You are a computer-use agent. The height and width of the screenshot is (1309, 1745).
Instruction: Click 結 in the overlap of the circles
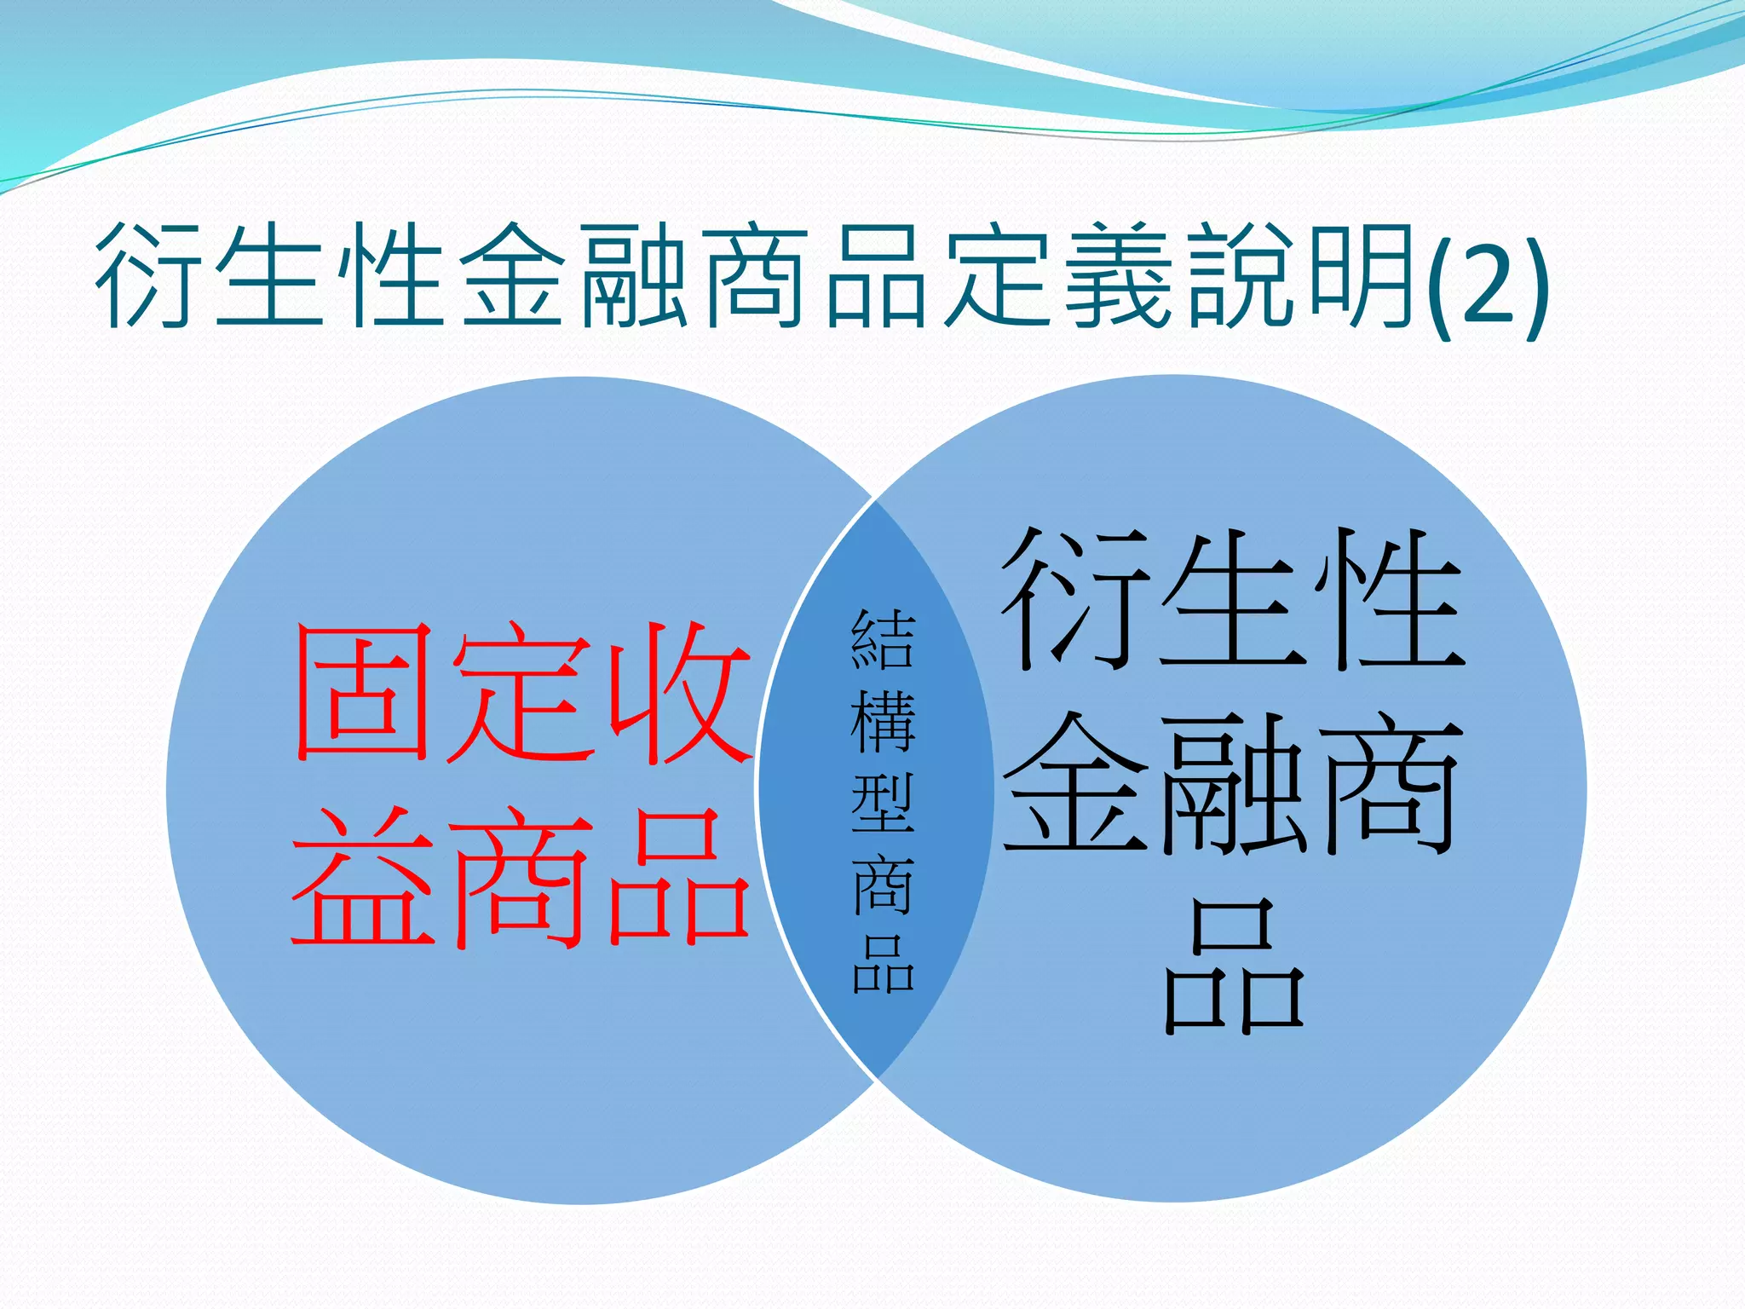pos(883,639)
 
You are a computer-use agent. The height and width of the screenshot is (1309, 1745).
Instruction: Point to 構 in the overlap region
pos(883,721)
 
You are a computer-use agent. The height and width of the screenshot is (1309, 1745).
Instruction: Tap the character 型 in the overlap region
pos(883,803)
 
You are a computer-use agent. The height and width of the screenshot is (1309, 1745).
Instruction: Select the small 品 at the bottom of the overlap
pos(883,965)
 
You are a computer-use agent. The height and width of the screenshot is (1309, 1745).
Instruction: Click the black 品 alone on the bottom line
pos(1234,967)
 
